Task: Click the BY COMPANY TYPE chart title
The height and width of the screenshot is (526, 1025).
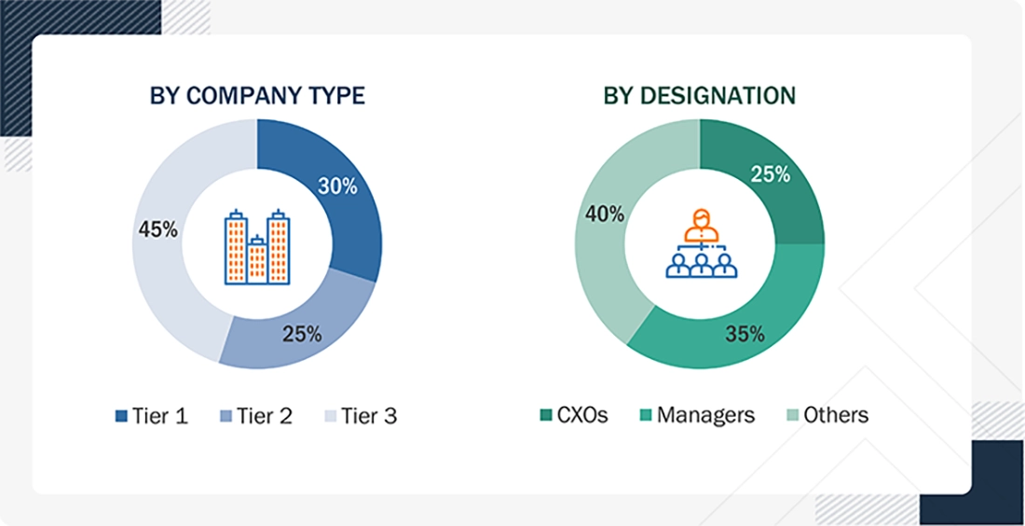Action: pos(257,95)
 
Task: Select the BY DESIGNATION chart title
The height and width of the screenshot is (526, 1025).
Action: pos(700,95)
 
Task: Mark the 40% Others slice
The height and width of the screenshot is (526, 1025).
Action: pos(606,242)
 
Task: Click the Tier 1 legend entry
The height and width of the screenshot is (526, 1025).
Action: pos(151,416)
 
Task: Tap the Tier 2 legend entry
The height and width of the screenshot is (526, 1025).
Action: pos(255,416)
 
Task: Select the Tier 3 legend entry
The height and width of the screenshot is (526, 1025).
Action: pos(360,416)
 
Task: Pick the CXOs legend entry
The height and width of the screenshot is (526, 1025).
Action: pos(575,415)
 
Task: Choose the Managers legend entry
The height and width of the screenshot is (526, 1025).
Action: pos(695,415)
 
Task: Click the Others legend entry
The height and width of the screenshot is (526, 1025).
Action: pos(826,415)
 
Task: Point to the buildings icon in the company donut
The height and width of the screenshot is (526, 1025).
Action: pos(256,246)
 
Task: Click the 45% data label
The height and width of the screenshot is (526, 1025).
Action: pos(157,229)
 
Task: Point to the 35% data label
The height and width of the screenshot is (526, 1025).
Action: pos(745,334)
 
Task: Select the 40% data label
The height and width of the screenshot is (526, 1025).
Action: pos(605,215)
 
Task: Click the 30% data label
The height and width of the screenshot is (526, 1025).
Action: pos(337,187)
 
